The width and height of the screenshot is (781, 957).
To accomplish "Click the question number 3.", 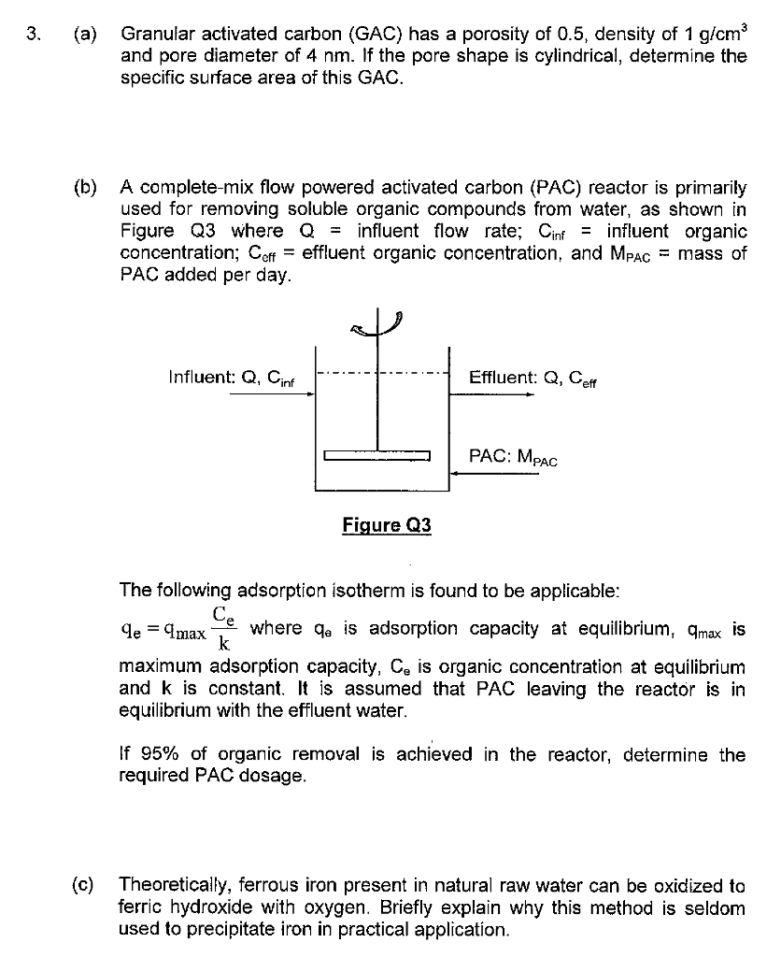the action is [x=34, y=34].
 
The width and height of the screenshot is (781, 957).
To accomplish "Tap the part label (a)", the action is [x=85, y=35].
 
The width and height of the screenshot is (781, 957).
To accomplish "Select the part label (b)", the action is [x=85, y=187].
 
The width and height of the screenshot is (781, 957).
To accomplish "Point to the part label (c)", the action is [x=83, y=886].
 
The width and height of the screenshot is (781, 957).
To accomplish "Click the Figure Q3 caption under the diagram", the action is [x=387, y=525].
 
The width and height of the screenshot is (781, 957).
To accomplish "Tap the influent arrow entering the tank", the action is [x=272, y=394].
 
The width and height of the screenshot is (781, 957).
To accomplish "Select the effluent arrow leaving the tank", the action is [x=491, y=394].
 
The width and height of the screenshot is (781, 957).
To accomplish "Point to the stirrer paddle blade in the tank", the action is [x=377, y=455].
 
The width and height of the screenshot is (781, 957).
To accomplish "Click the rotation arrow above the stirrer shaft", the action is [x=376, y=324].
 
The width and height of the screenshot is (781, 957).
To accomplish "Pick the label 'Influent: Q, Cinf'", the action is [x=232, y=378].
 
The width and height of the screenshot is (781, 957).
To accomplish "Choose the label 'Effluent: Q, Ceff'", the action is [x=532, y=379].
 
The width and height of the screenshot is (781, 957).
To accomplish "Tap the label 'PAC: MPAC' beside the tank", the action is [x=513, y=457].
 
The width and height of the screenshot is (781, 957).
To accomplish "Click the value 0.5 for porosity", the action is [x=571, y=35].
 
